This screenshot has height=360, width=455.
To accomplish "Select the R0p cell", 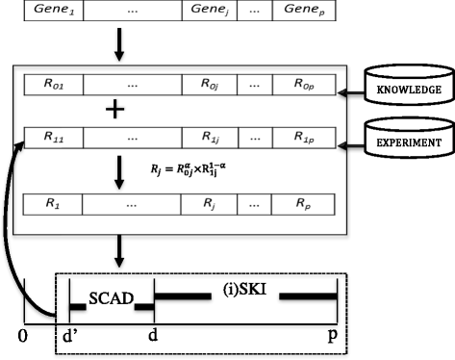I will pos(304,86).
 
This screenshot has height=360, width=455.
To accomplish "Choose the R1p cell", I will pos(304,138).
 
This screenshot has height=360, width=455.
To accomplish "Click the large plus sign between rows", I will pos(115,111).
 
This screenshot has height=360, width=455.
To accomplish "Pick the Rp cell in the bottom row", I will pos(304,205).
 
